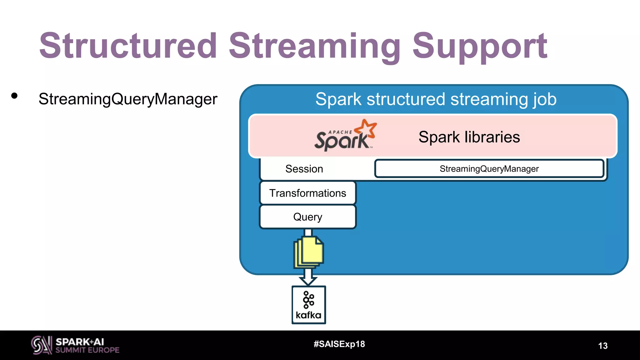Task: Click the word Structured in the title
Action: click(128, 46)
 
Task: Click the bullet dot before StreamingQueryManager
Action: click(14, 96)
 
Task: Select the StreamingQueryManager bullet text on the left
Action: click(128, 99)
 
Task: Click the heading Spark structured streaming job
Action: click(436, 99)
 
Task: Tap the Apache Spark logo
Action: click(345, 136)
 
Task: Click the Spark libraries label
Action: click(469, 137)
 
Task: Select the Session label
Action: click(304, 169)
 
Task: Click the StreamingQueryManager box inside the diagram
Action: click(489, 169)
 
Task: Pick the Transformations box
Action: click(308, 193)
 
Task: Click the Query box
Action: click(308, 217)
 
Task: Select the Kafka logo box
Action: click(309, 305)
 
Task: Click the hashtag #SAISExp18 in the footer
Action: click(339, 344)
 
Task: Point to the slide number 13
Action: click(602, 346)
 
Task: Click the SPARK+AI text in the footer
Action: click(80, 342)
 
